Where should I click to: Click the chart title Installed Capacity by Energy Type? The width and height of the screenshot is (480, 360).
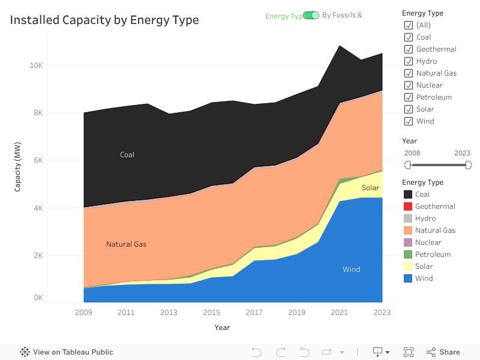tap(104, 20)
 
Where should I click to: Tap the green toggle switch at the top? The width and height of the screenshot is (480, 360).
tap(311, 15)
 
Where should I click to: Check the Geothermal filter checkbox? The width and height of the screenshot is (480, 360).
tap(409, 49)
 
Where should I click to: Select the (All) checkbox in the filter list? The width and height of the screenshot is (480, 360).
tap(409, 25)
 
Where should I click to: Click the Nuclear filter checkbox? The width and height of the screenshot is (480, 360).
tap(409, 85)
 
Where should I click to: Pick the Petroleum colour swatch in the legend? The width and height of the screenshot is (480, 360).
tap(408, 254)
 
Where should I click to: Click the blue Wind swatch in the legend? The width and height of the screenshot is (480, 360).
tap(408, 278)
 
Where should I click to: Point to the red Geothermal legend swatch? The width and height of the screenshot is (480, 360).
tap(408, 206)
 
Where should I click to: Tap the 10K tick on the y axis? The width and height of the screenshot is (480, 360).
tap(36, 65)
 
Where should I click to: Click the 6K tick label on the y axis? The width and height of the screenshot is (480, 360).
tap(38, 160)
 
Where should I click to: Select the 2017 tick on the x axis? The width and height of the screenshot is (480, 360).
tap(254, 313)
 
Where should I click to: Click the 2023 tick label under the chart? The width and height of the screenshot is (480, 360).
tap(382, 313)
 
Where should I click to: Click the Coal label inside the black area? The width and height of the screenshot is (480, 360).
tap(127, 155)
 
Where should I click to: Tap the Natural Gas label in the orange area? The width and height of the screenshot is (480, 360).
tap(126, 244)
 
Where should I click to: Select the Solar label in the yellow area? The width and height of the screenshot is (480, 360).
tap(370, 188)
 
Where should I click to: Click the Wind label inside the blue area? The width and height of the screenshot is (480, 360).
tap(351, 269)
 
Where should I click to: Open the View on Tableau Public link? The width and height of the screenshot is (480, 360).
tap(67, 352)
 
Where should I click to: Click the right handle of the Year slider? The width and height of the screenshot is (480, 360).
tap(469, 165)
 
